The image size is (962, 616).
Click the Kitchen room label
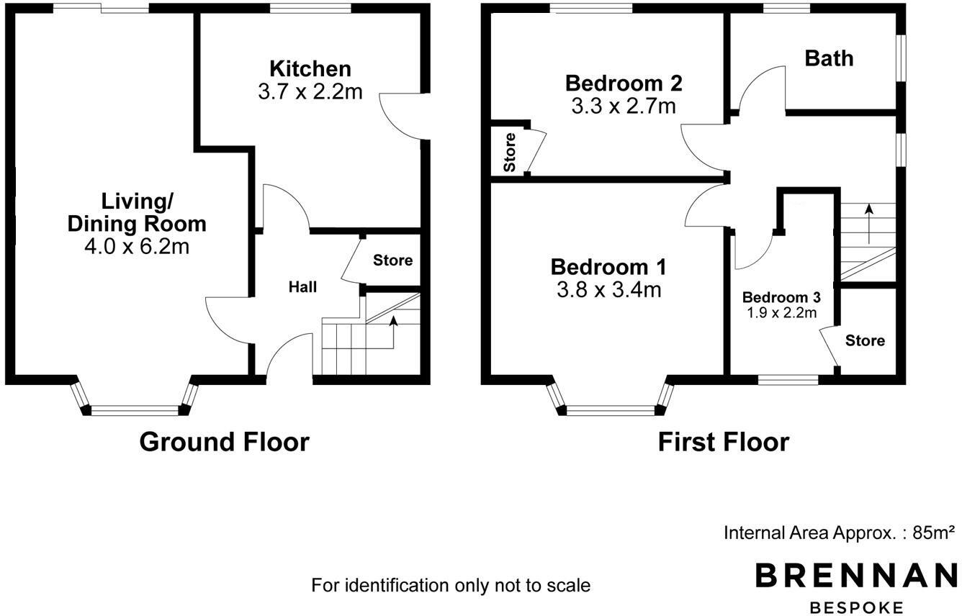[310, 69]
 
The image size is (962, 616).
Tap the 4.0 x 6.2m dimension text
[137, 247]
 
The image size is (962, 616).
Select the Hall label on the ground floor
[302, 287]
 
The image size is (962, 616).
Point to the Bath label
[829, 58]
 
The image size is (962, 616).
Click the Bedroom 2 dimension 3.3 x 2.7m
[624, 107]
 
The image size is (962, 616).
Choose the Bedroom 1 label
[608, 267]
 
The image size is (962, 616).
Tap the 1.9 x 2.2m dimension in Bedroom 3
[781, 312]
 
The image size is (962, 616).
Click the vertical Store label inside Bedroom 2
[510, 152]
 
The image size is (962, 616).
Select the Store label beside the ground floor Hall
[392, 261]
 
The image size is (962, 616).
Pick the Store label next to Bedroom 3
[865, 340]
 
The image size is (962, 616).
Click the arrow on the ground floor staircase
[393, 322]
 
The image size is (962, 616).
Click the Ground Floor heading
[224, 441]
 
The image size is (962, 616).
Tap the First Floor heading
[723, 442]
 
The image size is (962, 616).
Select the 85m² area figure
[933, 533]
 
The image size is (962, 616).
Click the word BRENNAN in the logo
[855, 576]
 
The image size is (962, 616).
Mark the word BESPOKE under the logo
[856, 607]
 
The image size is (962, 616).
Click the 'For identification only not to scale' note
[451, 586]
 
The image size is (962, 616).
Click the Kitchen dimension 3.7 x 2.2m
[310, 91]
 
